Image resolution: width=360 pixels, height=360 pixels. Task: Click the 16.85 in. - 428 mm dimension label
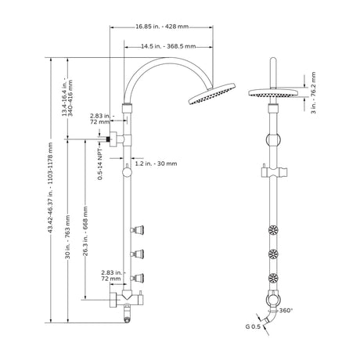(162, 27)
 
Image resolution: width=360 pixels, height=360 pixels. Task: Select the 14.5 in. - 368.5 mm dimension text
(168, 46)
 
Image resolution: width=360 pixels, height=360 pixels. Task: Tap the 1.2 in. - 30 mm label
(156, 164)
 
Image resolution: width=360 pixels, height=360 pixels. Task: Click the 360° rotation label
(286, 311)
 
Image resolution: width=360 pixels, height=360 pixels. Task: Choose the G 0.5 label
(253, 326)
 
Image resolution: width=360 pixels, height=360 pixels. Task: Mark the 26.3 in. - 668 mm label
(85, 231)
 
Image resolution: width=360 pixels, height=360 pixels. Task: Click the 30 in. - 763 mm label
(68, 236)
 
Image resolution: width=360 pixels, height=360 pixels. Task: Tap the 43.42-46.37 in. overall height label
(51, 188)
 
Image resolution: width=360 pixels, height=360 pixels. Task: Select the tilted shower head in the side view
(211, 94)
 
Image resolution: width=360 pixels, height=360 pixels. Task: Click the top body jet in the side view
(138, 230)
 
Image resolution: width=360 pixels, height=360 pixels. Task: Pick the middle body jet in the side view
(138, 254)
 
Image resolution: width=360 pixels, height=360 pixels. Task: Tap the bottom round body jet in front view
(273, 278)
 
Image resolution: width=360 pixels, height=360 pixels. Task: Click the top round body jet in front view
(273, 230)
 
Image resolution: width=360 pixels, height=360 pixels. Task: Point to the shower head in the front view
(273, 93)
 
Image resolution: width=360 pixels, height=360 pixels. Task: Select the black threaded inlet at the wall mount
(108, 139)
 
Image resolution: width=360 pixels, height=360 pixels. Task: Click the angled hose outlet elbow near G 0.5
(270, 319)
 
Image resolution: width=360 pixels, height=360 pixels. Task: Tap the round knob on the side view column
(127, 172)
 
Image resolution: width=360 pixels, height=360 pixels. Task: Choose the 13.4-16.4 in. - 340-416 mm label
(67, 98)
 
